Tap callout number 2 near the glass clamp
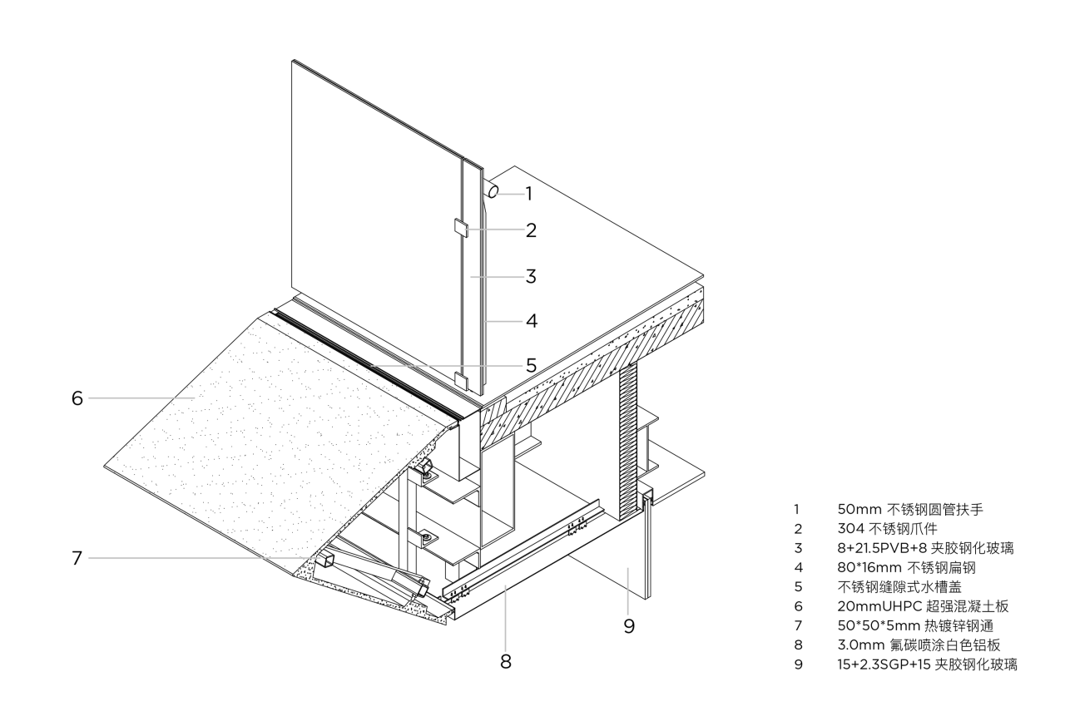(530, 230)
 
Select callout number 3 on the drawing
(530, 276)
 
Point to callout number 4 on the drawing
(530, 320)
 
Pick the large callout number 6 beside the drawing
(77, 398)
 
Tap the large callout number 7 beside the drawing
(77, 558)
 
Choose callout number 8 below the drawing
(506, 662)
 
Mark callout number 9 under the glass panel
(629, 625)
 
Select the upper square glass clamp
(461, 228)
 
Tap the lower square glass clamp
(461, 381)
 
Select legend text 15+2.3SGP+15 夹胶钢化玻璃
(927, 664)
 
